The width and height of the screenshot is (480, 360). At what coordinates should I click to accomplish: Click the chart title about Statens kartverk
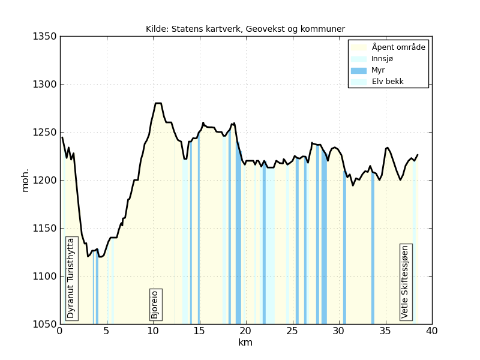(245, 29)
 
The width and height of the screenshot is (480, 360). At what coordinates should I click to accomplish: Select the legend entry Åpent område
(398, 47)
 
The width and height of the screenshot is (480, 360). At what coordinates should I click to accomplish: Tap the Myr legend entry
(378, 70)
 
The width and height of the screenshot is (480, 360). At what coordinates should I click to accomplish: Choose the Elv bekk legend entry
(388, 82)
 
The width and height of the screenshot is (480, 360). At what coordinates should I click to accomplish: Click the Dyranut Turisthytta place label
(71, 278)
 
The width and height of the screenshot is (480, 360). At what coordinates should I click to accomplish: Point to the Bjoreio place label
(155, 304)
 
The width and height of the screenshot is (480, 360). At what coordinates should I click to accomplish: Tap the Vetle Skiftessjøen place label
(406, 281)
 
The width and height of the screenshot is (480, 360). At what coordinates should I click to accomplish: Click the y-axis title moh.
(25, 180)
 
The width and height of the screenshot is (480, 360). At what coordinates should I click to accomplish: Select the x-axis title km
(245, 343)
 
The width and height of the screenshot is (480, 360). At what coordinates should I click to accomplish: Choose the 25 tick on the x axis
(292, 331)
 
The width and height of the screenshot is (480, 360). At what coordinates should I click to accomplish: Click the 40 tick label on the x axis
(431, 331)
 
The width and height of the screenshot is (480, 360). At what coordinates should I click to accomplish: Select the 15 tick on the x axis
(199, 331)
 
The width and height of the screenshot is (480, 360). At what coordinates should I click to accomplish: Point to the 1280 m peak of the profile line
(158, 103)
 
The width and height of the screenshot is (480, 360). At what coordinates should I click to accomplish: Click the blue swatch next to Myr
(358, 70)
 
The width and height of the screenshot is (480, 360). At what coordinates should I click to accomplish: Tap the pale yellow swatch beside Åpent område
(358, 47)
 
